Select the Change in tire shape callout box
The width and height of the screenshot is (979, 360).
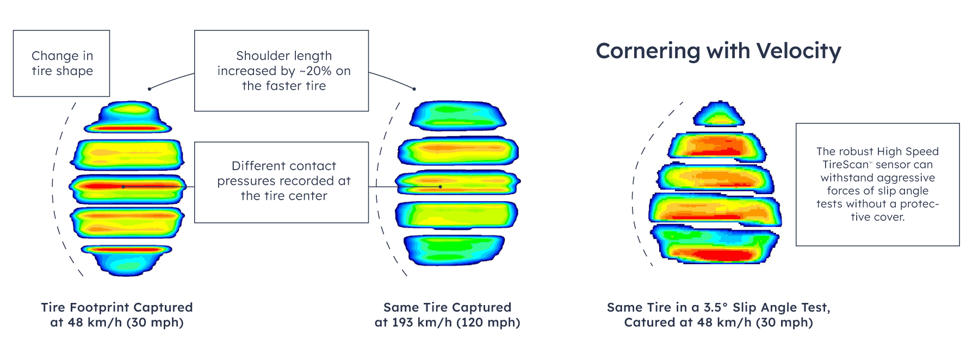(x=61, y=64)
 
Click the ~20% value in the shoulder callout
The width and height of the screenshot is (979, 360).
(x=316, y=71)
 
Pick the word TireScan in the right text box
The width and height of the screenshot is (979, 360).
(x=845, y=165)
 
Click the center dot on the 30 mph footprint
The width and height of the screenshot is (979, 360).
(x=123, y=187)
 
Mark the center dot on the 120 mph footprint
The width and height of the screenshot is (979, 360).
(x=440, y=187)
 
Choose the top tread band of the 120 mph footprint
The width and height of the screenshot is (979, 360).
(x=458, y=115)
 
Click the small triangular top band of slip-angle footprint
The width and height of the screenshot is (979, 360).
(x=719, y=115)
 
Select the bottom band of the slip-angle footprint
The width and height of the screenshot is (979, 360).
(x=715, y=245)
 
